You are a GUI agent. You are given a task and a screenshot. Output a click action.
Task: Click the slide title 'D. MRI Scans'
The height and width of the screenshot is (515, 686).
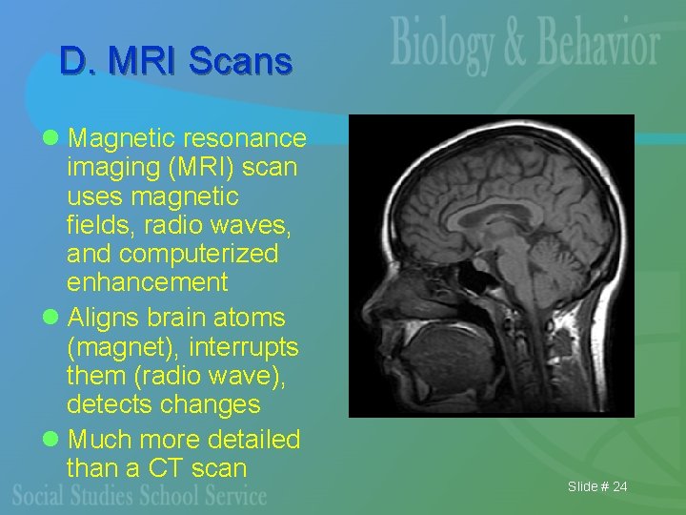tap(175, 61)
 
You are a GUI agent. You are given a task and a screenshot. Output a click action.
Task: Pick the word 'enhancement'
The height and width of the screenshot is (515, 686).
tap(148, 282)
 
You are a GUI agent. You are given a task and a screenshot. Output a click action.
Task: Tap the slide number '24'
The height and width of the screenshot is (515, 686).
tap(619, 487)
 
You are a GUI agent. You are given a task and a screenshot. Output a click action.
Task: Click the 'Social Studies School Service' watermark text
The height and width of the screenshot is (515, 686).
tap(141, 495)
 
